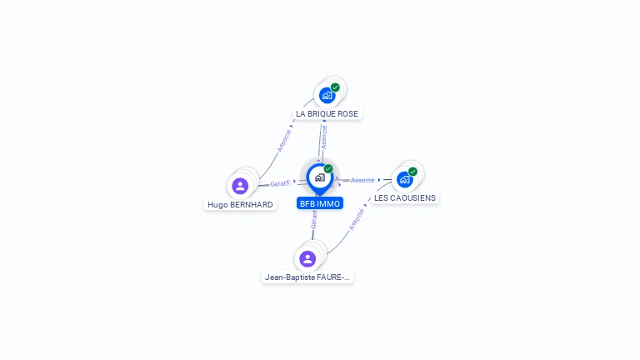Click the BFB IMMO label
(320, 203)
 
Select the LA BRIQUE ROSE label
(327, 113)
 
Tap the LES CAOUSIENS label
(404, 198)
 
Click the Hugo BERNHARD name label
(240, 204)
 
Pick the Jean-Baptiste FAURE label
(307, 277)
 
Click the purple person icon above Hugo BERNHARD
(240, 185)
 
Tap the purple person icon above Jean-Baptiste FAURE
(307, 258)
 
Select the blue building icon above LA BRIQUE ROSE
(327, 95)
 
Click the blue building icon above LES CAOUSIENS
(404, 179)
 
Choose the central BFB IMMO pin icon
(319, 177)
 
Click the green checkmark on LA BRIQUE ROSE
(335, 87)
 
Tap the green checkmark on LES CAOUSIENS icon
(412, 172)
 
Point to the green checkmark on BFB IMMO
(328, 169)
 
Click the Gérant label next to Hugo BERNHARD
(280, 183)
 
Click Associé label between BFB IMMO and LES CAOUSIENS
(362, 180)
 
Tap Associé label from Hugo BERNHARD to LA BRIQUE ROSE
(284, 139)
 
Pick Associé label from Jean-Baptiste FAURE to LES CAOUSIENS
(357, 218)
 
